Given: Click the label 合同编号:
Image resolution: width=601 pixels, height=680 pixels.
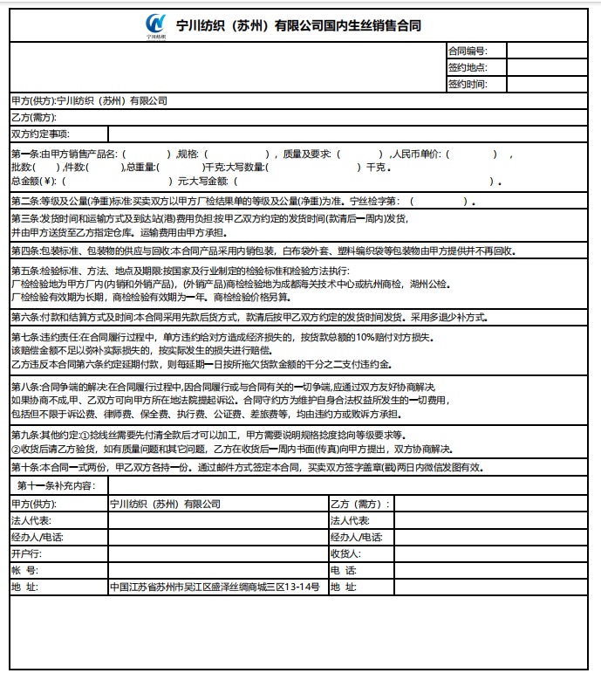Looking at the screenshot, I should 468,52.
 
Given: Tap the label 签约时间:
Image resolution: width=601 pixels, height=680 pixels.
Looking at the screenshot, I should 468,85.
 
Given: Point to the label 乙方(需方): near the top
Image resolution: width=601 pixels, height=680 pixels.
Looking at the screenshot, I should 32,117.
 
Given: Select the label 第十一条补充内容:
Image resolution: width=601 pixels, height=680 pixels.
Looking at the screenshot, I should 62,484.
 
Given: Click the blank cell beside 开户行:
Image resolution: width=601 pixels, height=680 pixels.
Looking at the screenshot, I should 217,553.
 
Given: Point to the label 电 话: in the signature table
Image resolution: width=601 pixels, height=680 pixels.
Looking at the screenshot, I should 344,570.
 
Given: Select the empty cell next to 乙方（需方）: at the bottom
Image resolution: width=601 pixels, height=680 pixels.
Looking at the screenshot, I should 494,504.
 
